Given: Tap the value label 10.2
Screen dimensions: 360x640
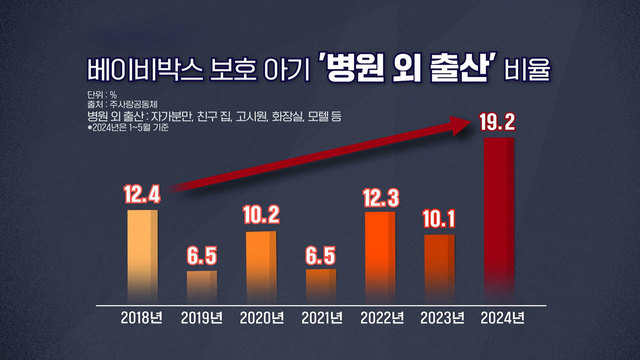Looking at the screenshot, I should click(261, 214).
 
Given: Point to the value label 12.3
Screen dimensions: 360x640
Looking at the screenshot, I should click(380, 194).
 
